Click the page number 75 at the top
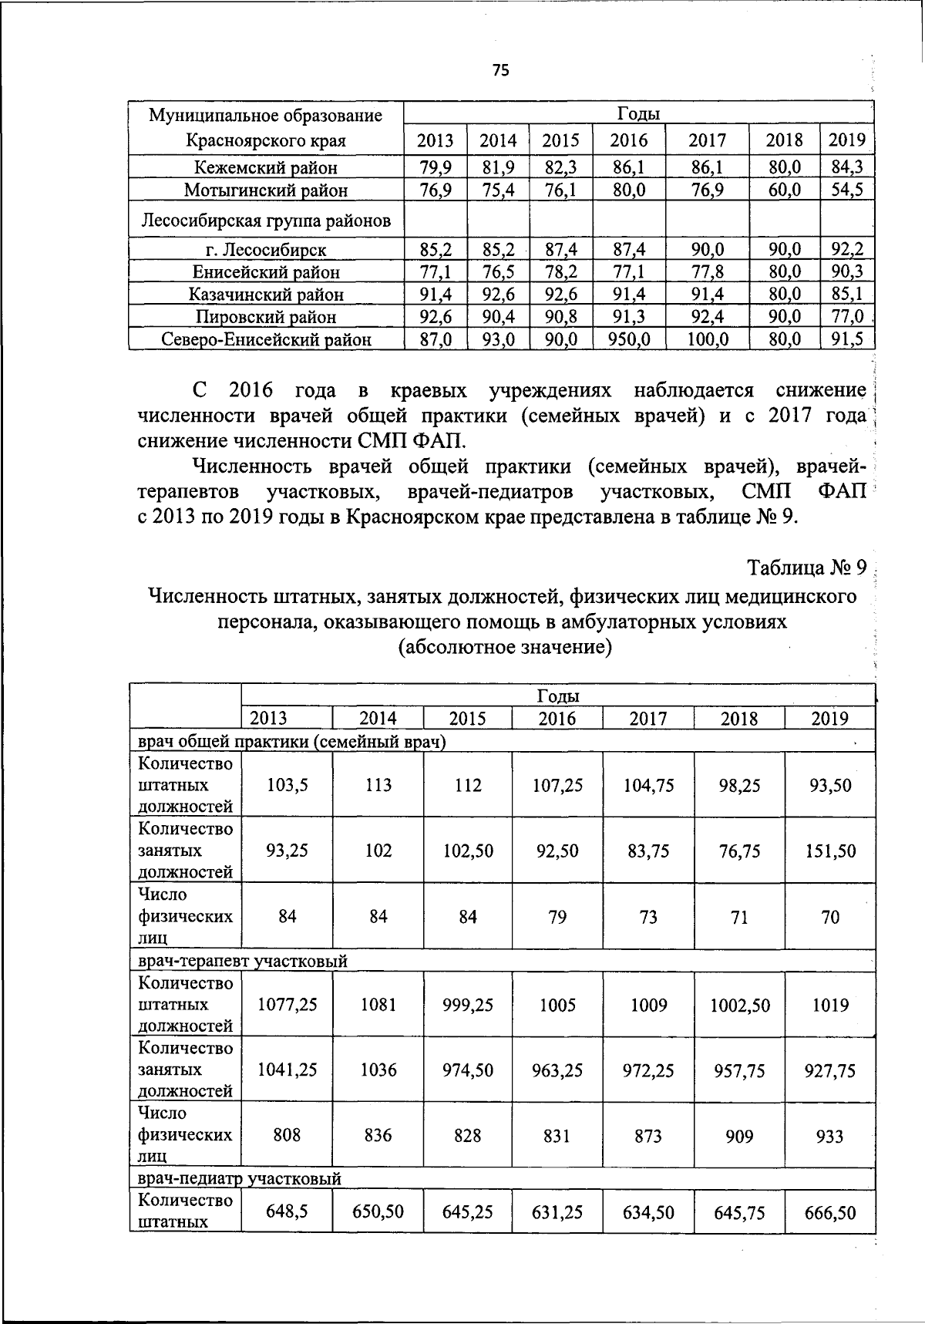(x=500, y=71)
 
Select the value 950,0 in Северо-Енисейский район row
(x=629, y=339)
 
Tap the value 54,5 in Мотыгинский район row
(x=846, y=190)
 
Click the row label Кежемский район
(x=265, y=167)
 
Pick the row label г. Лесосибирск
(x=265, y=250)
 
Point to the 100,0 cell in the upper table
(x=707, y=339)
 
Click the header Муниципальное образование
(x=265, y=116)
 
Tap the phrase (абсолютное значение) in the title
(x=504, y=646)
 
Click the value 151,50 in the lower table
(x=830, y=851)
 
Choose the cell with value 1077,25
(x=288, y=1005)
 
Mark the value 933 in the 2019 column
(x=829, y=1136)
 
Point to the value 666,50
(x=830, y=1212)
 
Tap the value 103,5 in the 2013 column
(x=288, y=785)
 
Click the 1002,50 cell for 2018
(x=739, y=1005)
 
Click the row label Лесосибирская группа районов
(x=265, y=222)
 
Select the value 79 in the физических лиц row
(x=557, y=917)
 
